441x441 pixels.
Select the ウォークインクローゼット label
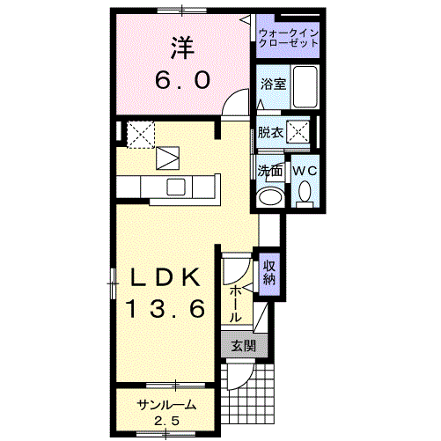(x=289, y=38)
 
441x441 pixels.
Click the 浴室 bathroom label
(x=272, y=85)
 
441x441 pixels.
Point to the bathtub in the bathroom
(x=305, y=85)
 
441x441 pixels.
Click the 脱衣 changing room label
(x=271, y=133)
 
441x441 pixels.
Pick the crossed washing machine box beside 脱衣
(x=300, y=134)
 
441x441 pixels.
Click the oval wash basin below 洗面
(x=272, y=195)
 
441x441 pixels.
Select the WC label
(x=305, y=170)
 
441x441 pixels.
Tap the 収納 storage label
(x=269, y=272)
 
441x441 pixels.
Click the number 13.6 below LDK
(x=166, y=309)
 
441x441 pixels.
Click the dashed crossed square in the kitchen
(x=140, y=135)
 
